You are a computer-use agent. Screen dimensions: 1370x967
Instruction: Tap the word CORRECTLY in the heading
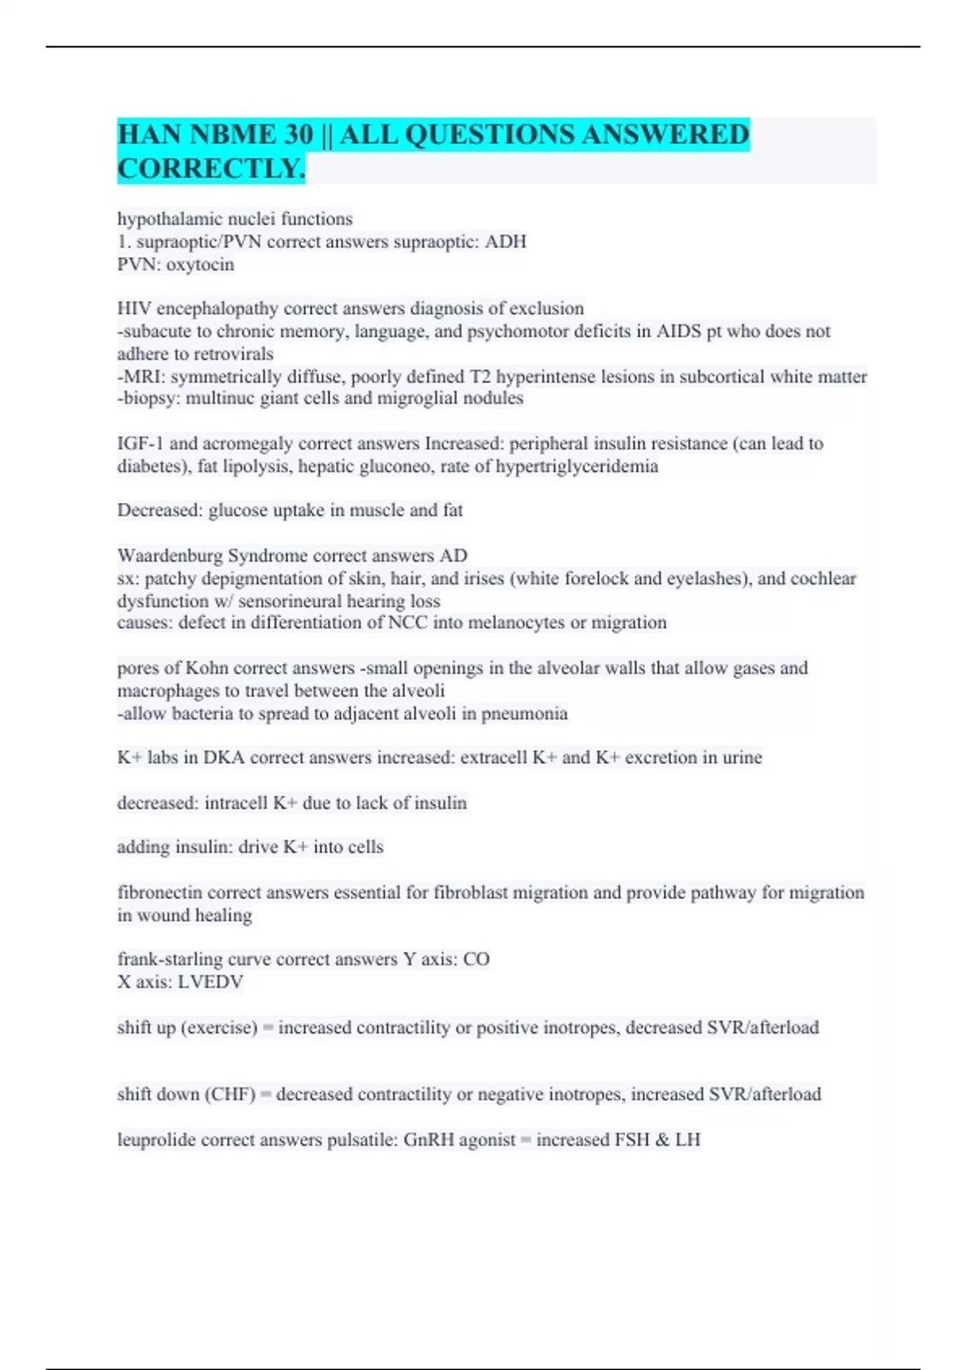(211, 168)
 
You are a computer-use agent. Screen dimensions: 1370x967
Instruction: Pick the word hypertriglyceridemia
(576, 466)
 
